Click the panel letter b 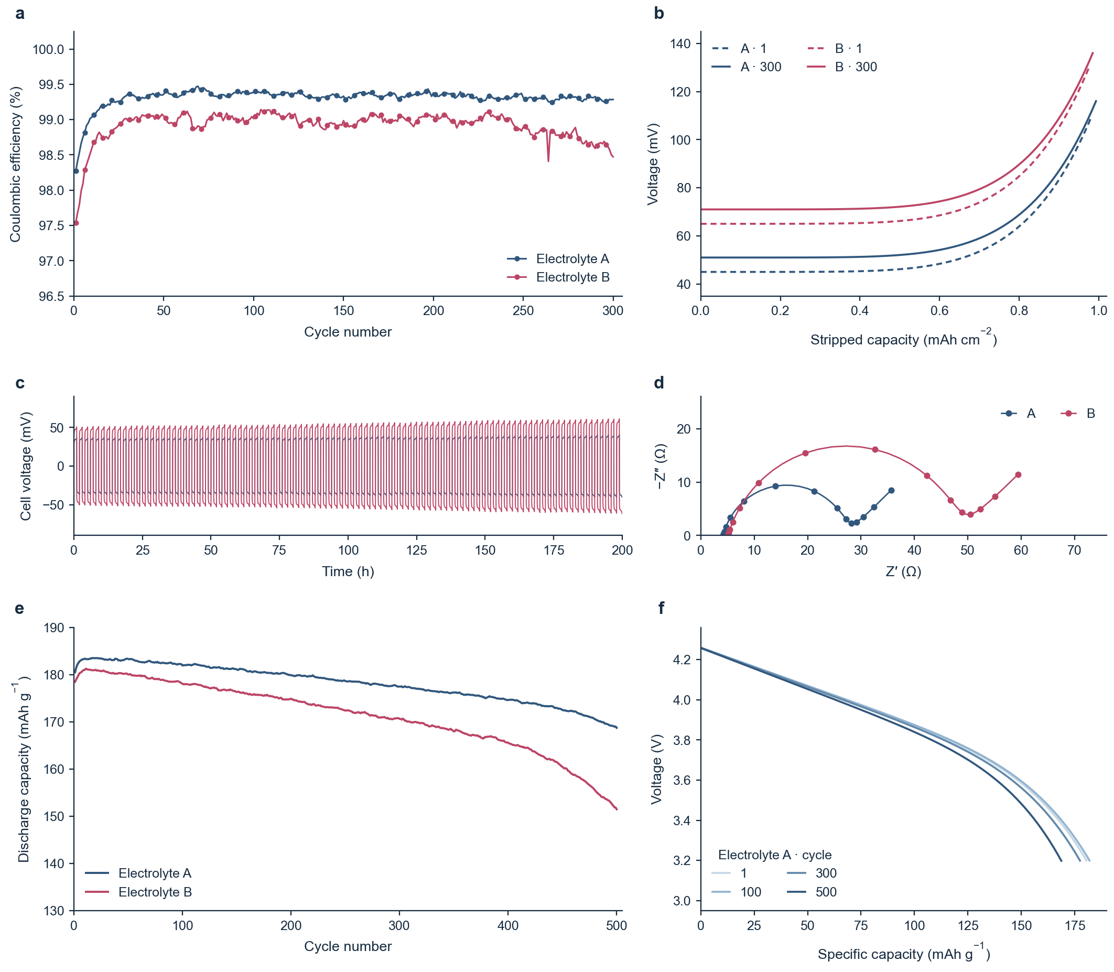click(x=658, y=14)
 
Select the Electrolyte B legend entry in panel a click(x=558, y=277)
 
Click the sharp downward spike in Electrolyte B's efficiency click(x=548, y=160)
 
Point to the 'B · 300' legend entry click(x=842, y=67)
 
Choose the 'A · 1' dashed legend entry click(x=739, y=49)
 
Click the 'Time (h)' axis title click(x=348, y=571)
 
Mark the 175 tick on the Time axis click(x=553, y=550)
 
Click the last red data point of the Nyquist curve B click(x=1018, y=474)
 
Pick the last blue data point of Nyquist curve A click(x=891, y=490)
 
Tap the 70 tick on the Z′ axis click(x=1074, y=550)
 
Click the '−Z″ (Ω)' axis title click(x=661, y=467)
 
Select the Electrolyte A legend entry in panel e click(x=138, y=873)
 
